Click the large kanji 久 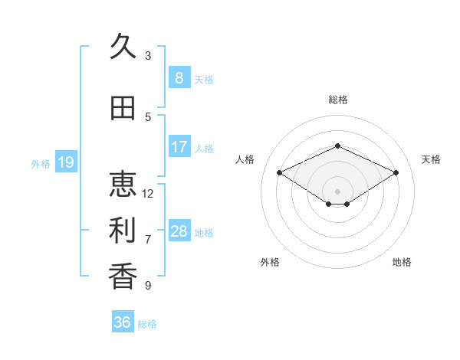tap(123, 46)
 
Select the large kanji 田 tap(123, 108)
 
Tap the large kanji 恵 tap(123, 184)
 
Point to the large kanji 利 tap(123, 230)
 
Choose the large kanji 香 tap(123, 276)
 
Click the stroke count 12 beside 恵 tap(147, 194)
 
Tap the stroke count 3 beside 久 tap(148, 55)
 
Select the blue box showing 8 tap(179, 77)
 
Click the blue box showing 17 tap(179, 146)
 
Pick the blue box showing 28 tap(179, 230)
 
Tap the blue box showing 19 tap(66, 162)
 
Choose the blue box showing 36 tap(123, 321)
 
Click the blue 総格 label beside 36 tap(147, 324)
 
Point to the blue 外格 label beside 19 tap(41, 164)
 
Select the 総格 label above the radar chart tap(338, 100)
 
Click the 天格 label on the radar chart tap(431, 159)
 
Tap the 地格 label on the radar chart tap(402, 262)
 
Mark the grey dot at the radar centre tap(337, 191)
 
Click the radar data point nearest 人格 tap(279, 172)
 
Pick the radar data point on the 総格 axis tap(337, 146)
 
